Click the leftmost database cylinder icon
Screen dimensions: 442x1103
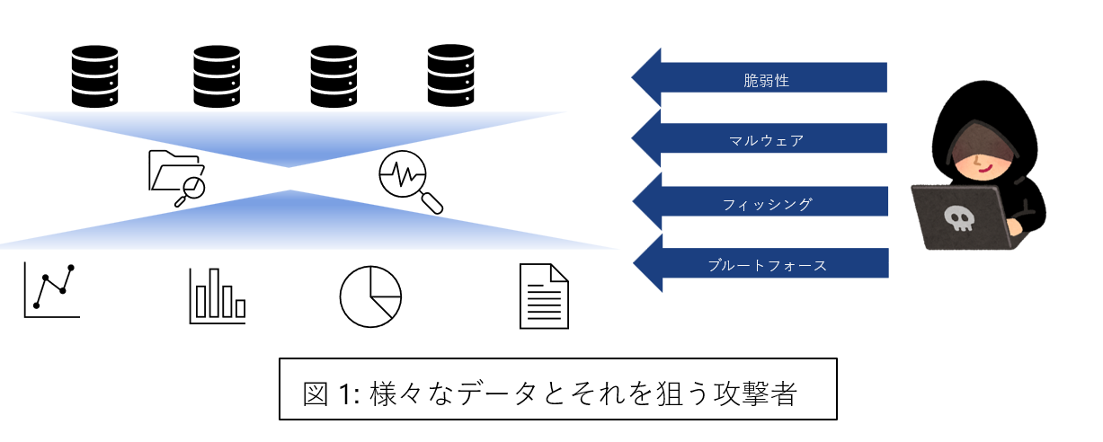94,76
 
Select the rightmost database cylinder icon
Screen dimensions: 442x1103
450,76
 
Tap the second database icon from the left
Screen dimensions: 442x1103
217,76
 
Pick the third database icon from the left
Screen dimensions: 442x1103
334,76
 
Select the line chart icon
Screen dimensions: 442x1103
52,290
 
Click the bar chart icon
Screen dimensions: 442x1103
218,296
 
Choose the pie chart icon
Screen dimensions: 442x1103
370,296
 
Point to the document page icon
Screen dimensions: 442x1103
544,296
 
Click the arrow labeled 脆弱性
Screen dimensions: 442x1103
760,79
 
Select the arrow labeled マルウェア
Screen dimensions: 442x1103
760,140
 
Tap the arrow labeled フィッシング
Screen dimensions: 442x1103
760,203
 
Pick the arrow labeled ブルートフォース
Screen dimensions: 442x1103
760,265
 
